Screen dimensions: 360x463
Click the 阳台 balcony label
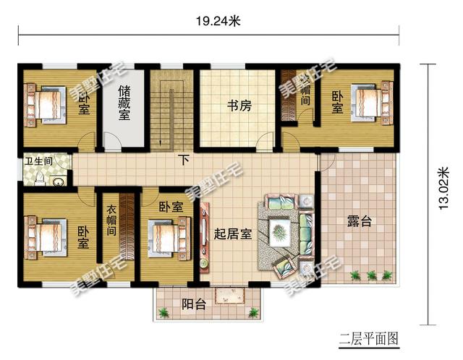pos(193,304)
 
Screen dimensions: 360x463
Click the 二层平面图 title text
pos(369,338)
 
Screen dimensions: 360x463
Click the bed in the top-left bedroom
pos(48,104)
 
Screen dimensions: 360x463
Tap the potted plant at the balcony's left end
pos(166,312)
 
